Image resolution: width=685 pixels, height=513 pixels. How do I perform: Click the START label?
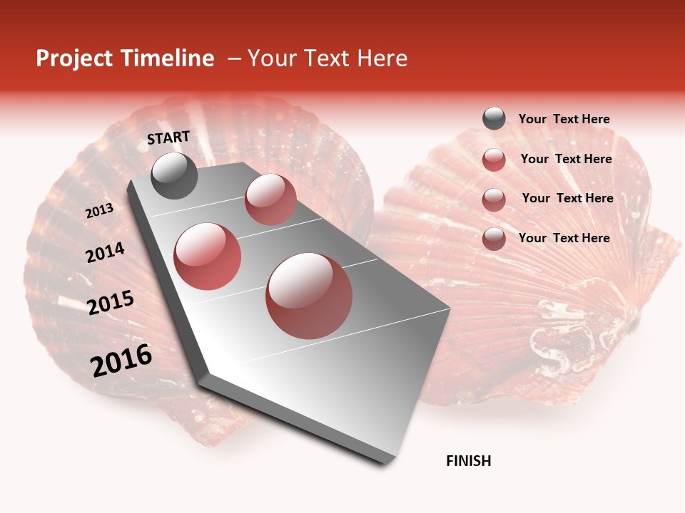tap(168, 138)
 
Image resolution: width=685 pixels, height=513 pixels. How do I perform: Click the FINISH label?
tap(469, 461)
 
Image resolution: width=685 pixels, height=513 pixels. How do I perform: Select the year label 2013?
tap(99, 211)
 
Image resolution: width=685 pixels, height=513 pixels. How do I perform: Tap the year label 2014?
tap(105, 252)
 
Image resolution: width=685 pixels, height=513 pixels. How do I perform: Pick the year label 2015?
tap(111, 303)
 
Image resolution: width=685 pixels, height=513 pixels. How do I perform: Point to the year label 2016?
tap(121, 361)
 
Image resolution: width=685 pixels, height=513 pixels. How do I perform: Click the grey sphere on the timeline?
tap(175, 175)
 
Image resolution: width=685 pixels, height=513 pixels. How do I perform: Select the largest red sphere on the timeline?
tap(309, 296)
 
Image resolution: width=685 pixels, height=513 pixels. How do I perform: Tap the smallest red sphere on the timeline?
tap(270, 199)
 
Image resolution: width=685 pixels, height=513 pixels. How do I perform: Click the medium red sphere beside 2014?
tap(208, 256)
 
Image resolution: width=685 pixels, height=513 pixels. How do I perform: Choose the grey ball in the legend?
tap(494, 119)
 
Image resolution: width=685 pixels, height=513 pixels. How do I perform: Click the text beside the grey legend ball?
tap(564, 120)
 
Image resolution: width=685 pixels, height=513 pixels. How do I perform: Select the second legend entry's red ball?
tap(494, 160)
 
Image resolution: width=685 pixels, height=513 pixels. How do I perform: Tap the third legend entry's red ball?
tap(494, 199)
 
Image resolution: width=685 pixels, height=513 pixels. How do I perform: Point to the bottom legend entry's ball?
tap(494, 239)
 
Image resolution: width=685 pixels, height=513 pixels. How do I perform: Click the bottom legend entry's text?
tap(564, 238)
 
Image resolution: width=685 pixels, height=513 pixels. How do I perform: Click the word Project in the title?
tap(74, 59)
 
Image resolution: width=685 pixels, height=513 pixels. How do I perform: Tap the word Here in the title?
tap(382, 58)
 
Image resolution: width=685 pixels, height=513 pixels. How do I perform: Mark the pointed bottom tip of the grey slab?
tap(386, 464)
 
